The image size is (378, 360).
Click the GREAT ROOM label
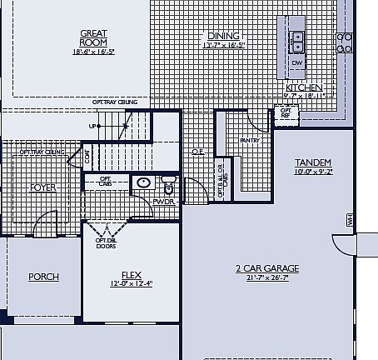[x=93, y=38]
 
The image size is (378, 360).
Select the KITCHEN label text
[x=305, y=87]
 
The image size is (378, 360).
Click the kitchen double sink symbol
[x=297, y=39]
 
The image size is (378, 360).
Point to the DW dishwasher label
[x=297, y=63]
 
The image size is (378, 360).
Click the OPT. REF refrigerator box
[x=286, y=112]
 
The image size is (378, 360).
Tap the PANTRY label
[x=251, y=141]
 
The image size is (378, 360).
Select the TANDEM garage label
[x=313, y=162]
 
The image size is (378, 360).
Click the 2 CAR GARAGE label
[x=267, y=268]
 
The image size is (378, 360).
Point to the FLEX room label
[x=131, y=274]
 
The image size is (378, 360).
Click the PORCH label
[x=43, y=277]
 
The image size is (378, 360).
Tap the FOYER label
[x=42, y=187]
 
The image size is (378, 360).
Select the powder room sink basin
[x=143, y=182]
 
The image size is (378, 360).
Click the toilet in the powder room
[x=167, y=183]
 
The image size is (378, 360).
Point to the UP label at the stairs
[x=92, y=127]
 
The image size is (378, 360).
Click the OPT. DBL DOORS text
[x=106, y=243]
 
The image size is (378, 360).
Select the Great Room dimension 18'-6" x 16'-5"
[x=93, y=51]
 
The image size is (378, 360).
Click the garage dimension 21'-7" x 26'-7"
[x=267, y=277]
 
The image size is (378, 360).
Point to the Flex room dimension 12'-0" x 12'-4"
[x=131, y=283]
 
